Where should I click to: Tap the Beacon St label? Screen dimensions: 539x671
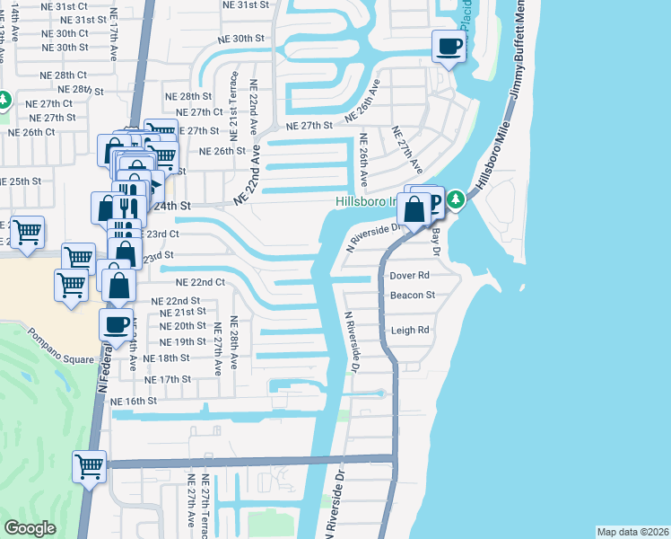[412, 295]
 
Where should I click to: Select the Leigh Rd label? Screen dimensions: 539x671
[410, 331]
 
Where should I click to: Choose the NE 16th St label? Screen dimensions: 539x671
[134, 401]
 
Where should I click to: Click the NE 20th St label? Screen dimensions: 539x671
[182, 326]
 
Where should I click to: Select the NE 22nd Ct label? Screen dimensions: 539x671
[199, 282]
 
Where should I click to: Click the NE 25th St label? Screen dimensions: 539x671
[22, 181]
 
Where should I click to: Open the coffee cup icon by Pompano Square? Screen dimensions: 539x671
[116, 325]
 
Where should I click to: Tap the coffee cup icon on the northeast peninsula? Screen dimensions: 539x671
[449, 46]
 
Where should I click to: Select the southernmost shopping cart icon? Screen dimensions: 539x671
[90, 466]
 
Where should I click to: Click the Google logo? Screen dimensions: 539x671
[30, 528]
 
